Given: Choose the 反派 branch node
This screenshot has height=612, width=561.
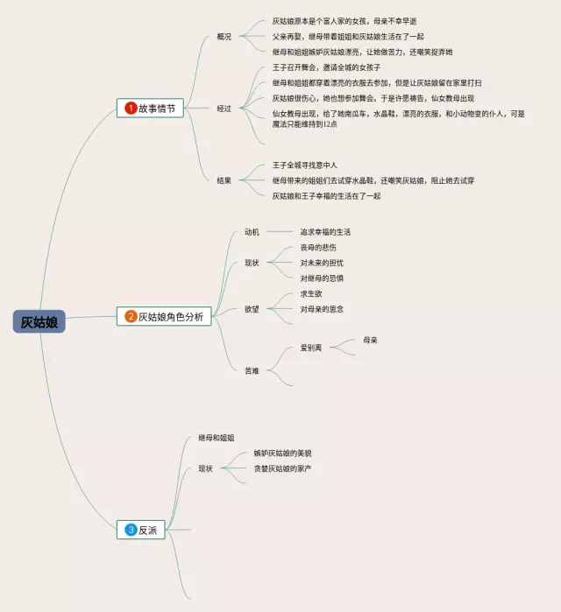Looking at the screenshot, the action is (147, 529).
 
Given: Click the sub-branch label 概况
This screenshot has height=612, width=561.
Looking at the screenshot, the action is (224, 37).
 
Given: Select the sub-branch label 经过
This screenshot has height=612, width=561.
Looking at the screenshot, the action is (224, 109).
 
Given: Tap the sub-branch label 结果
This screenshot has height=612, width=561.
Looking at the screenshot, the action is (224, 180).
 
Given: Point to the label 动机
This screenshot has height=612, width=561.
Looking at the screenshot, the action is (252, 232).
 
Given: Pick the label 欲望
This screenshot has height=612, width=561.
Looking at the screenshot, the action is (252, 309).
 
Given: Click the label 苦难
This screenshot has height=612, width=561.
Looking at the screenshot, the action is (252, 370).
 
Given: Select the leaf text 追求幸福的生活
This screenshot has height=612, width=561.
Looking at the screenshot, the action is (325, 232).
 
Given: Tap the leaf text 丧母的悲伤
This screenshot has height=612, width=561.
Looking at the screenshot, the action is (317, 248).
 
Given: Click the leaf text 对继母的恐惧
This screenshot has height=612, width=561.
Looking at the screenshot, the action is (322, 278).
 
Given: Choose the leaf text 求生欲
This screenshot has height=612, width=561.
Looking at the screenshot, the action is (311, 294).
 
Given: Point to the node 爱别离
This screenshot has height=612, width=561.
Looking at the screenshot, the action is (311, 348).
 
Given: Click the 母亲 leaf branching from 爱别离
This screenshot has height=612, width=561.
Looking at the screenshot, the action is (370, 340).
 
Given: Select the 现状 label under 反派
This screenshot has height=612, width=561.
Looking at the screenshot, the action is (206, 468).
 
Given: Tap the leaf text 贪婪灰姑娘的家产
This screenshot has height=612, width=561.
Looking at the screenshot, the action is (283, 468).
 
